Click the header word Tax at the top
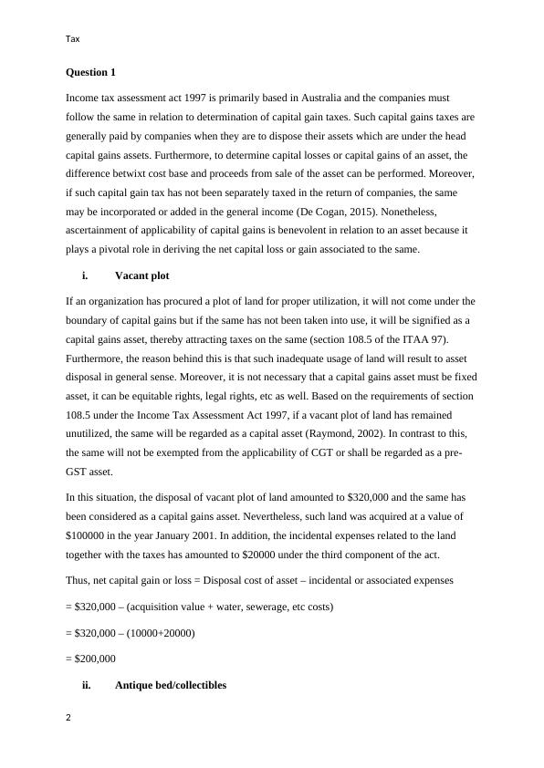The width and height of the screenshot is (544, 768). point(73,38)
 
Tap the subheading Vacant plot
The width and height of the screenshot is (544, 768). point(141,275)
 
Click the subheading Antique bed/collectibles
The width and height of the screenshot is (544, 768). point(170,685)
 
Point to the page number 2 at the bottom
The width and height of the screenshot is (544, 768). point(69,718)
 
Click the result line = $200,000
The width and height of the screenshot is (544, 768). point(91,658)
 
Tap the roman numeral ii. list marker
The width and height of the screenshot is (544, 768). point(86,685)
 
